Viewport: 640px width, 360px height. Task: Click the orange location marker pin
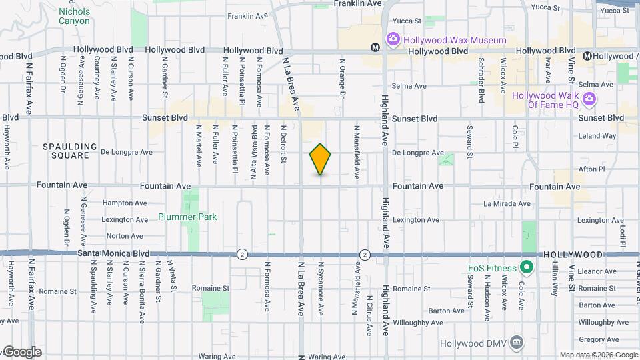tap(321, 159)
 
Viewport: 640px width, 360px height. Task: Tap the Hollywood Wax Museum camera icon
tap(393, 41)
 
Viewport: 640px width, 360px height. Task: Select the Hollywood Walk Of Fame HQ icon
tap(589, 100)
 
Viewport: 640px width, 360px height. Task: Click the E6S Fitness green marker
tap(526, 269)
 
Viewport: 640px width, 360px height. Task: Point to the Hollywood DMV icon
tap(516, 343)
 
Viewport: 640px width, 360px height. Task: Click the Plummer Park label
tap(187, 217)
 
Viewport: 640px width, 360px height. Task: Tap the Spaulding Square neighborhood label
tap(65, 151)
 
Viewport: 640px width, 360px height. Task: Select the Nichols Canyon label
tap(74, 16)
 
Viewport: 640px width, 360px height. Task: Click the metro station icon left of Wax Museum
tap(376, 47)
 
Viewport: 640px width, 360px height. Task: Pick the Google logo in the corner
tap(22, 352)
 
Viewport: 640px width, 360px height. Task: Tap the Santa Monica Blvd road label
tap(113, 253)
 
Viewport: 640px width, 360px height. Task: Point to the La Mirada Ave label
tap(507, 203)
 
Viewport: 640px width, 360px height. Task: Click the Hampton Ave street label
tap(125, 203)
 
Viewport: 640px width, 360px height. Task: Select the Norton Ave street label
tap(124, 235)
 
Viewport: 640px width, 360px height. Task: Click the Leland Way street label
tap(597, 136)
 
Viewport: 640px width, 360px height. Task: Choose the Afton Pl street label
tap(591, 169)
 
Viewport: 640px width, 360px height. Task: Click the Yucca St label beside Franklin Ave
tap(408, 21)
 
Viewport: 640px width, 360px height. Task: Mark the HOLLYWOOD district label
tap(573, 255)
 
